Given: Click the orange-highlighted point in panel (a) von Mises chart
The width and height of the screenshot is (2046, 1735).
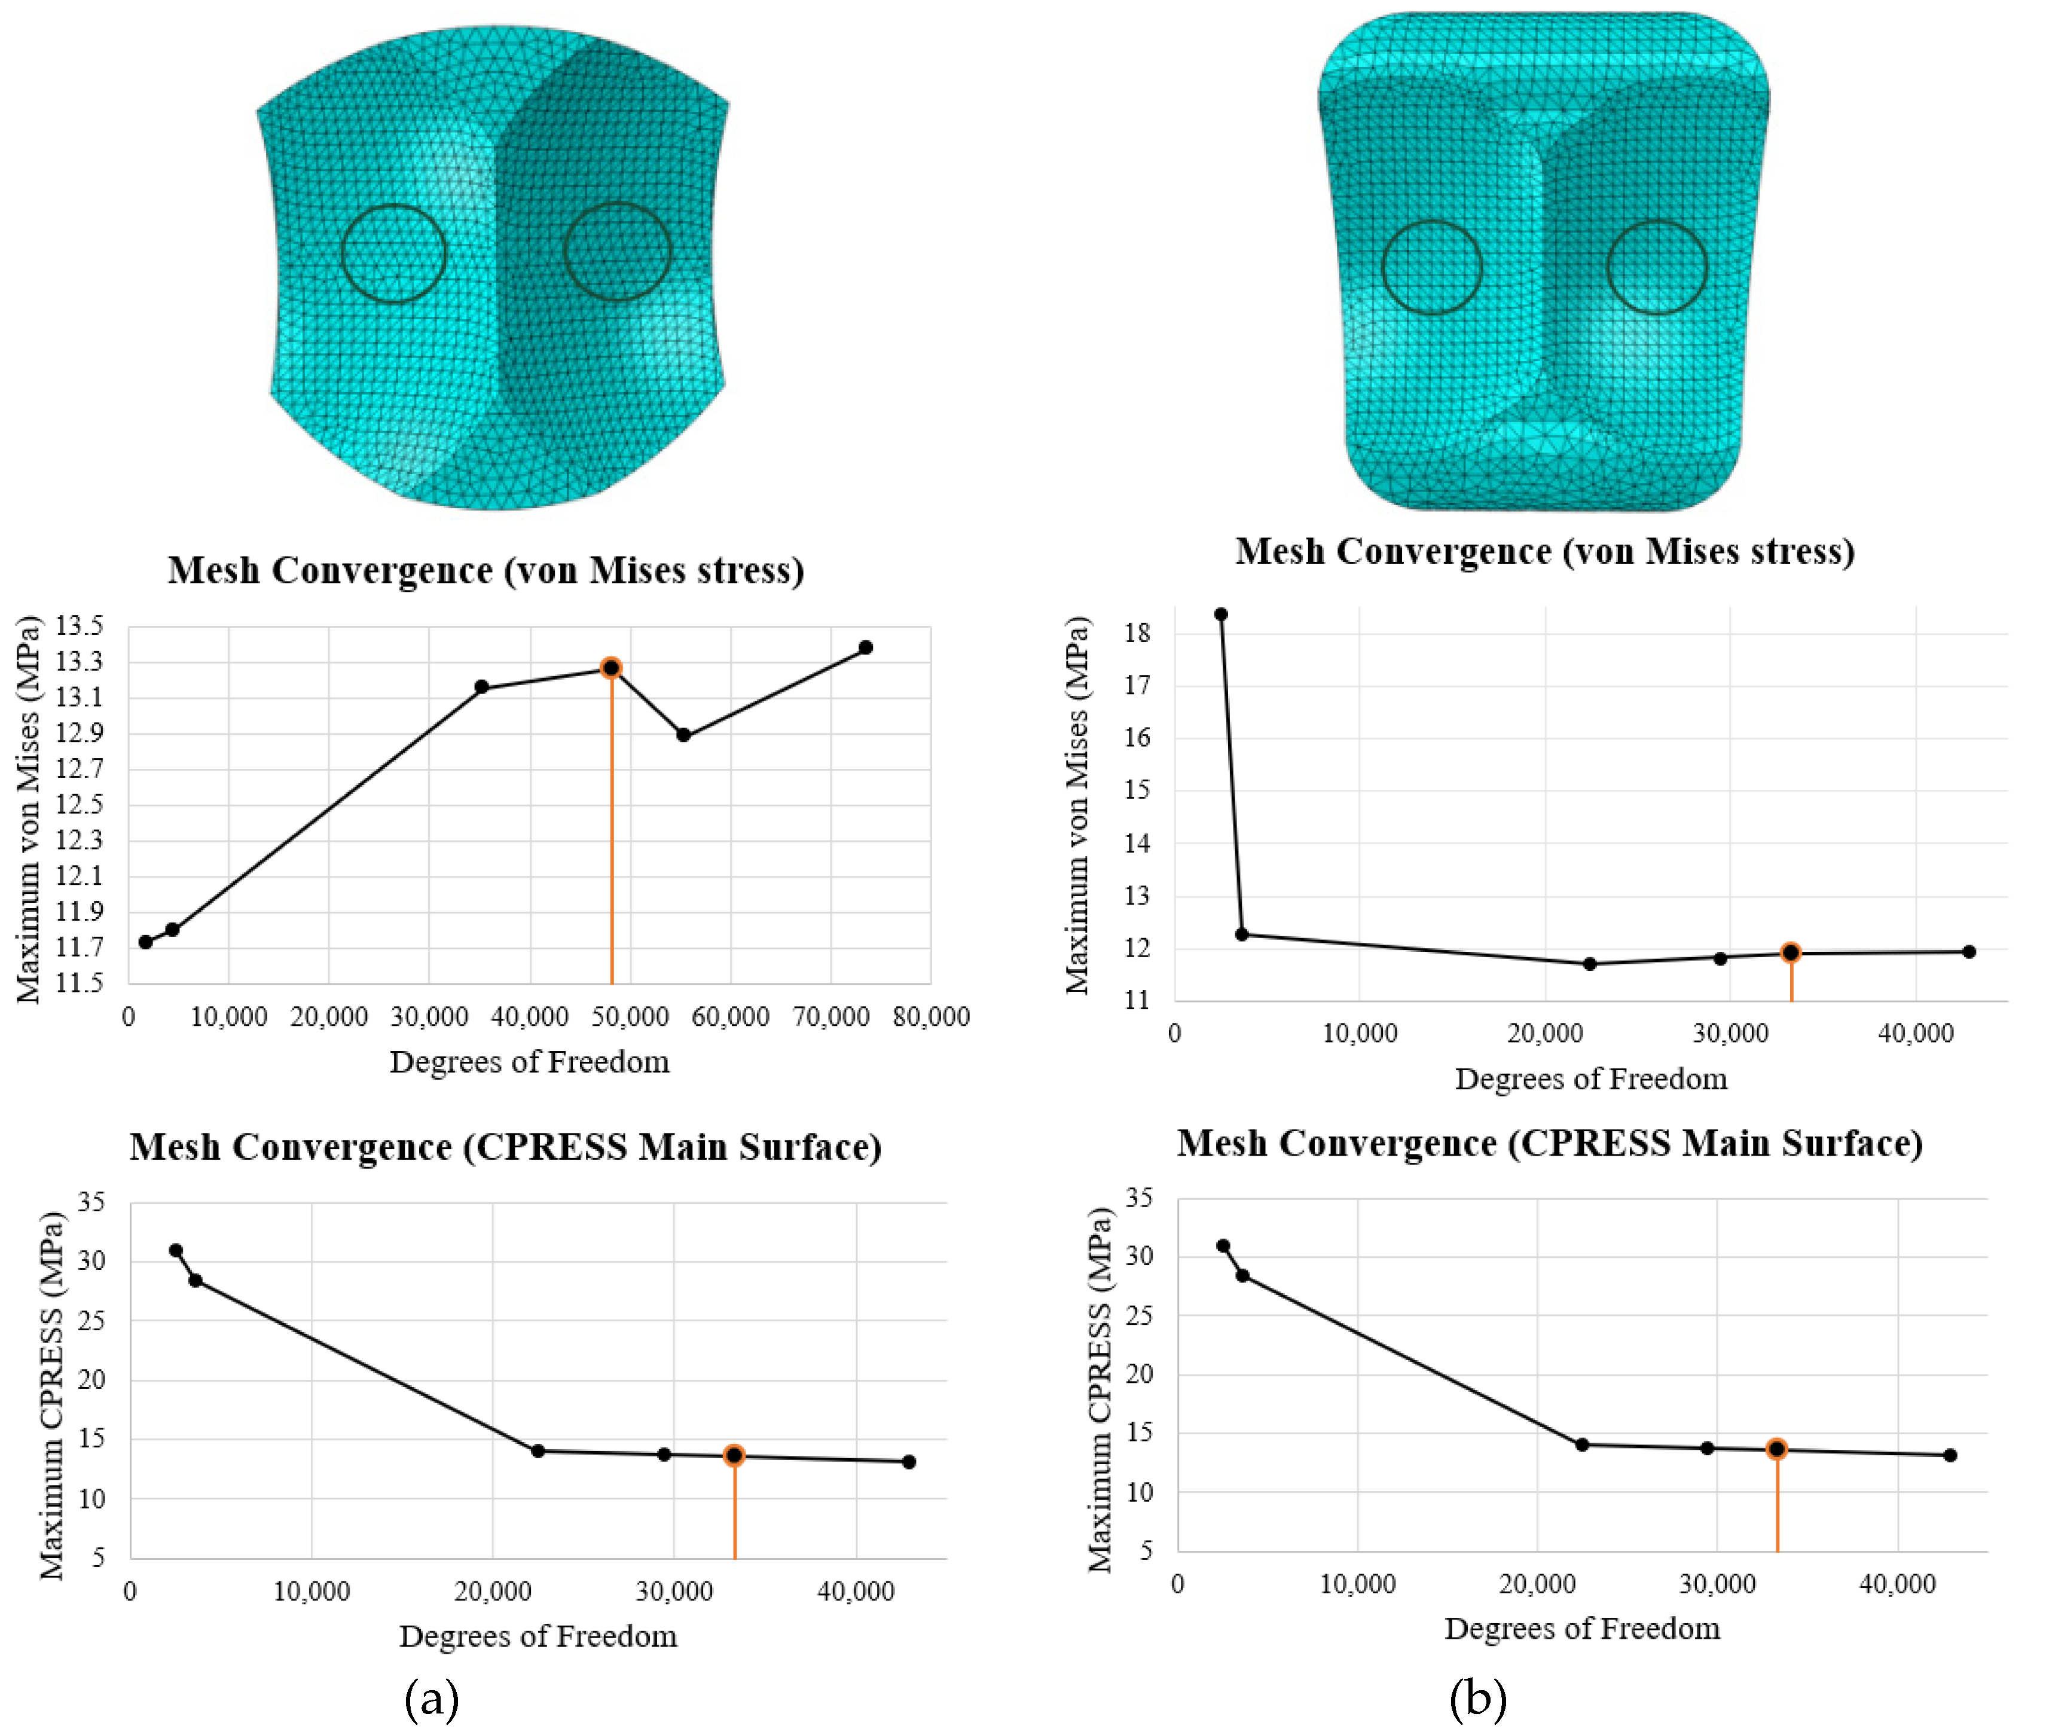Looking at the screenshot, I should coord(611,668).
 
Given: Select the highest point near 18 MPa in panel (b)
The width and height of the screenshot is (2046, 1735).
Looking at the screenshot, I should coord(1221,614).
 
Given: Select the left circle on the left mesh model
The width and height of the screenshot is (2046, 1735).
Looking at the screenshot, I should coord(393,253).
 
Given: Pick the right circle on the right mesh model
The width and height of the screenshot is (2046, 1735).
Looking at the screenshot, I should coord(1657,267).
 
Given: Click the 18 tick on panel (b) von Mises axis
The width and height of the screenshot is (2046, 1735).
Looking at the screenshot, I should coord(1137,633).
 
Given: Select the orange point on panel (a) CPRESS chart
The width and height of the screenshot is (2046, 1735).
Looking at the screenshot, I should coord(734,1456).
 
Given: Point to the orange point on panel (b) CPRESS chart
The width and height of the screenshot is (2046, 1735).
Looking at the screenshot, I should coord(1776,1449).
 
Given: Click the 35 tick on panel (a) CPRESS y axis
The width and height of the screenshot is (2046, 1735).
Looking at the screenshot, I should coord(91,1202).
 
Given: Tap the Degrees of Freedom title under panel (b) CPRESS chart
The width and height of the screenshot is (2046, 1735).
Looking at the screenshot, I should coord(1581,1629).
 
